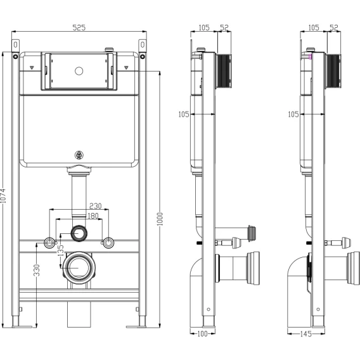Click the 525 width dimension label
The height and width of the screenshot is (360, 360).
[x=79, y=27]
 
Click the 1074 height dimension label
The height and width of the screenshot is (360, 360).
[x=3, y=196]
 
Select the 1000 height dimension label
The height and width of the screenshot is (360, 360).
[x=160, y=219]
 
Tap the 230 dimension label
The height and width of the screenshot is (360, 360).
[x=96, y=206]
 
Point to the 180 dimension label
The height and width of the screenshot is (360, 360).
[x=93, y=216]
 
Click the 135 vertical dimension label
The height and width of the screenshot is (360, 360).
[x=61, y=250]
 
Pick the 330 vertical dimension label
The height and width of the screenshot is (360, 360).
[x=37, y=270]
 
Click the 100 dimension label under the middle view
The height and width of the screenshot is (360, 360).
[x=203, y=333]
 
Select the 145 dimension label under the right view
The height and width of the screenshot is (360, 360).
[x=306, y=333]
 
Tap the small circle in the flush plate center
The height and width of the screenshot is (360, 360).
[x=79, y=71]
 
